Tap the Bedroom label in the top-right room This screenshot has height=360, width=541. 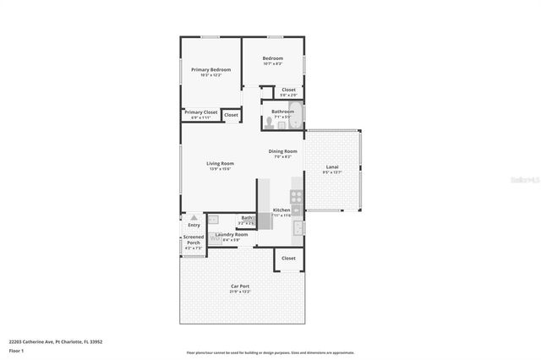click(x=271, y=58)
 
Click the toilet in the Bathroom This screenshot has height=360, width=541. click(x=269, y=123)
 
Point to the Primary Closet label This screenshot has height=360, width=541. click(x=200, y=112)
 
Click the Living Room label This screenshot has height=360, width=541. click(x=220, y=163)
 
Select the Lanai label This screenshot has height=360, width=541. click(x=332, y=167)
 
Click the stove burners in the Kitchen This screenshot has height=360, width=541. click(x=296, y=199)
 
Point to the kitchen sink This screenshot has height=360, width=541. click(x=298, y=226)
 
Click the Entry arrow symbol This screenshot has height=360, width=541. click(x=194, y=218)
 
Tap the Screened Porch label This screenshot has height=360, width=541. click(x=194, y=240)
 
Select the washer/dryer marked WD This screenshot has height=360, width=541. click(x=215, y=239)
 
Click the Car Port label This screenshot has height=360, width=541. click(x=240, y=286)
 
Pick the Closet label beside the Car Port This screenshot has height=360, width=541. click(x=288, y=258)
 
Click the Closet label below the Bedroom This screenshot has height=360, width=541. click(x=288, y=89)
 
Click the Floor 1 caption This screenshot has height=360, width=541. click(x=16, y=350)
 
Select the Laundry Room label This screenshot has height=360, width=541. click(x=232, y=234)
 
